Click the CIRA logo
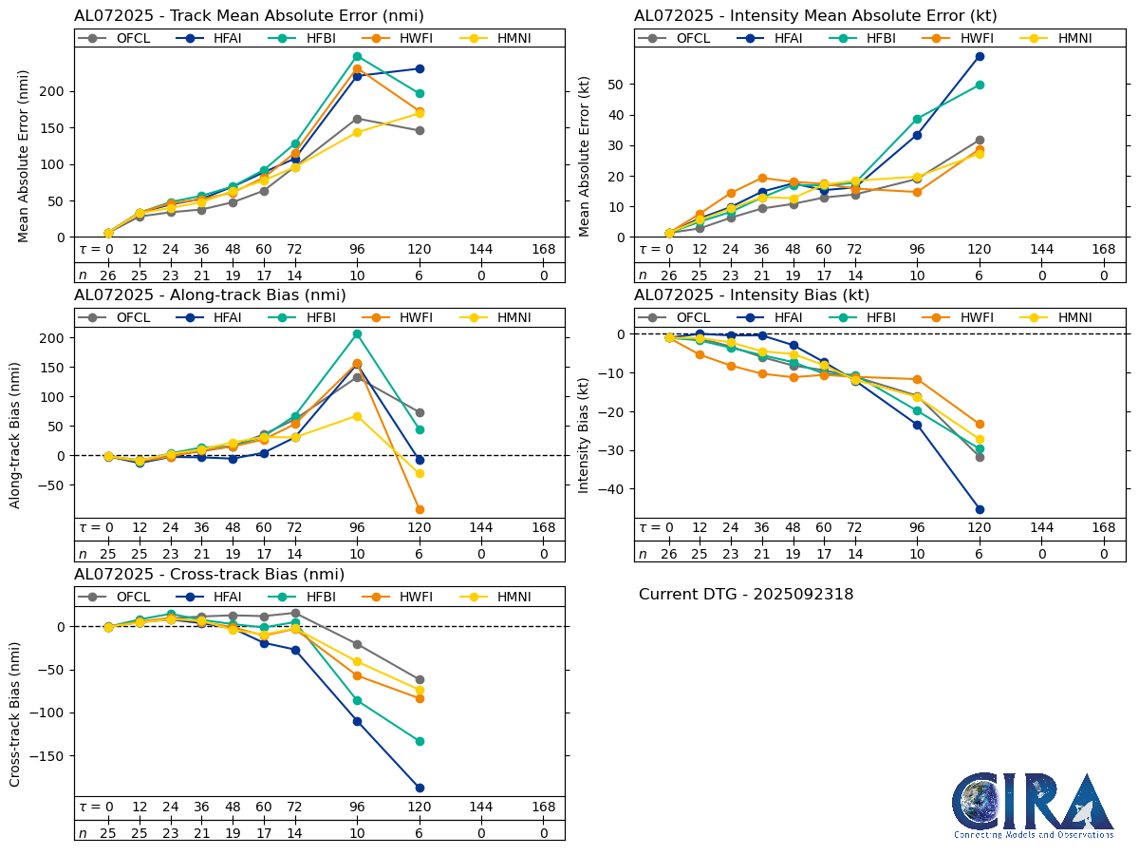click(x=1033, y=806)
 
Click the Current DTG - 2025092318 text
click(x=746, y=595)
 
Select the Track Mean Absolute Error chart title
click(x=249, y=16)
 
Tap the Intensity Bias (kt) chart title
click(x=752, y=295)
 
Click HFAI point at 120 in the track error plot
click(x=420, y=68)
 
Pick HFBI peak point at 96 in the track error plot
click(x=357, y=56)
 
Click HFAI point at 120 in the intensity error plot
click(x=980, y=56)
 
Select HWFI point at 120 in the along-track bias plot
click(x=420, y=509)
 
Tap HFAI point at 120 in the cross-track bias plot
click(x=420, y=788)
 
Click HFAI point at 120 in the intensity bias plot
click(x=980, y=509)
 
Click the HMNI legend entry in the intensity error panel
click(x=1064, y=38)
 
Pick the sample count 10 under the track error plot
click(x=357, y=275)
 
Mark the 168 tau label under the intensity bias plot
click(x=1103, y=528)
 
